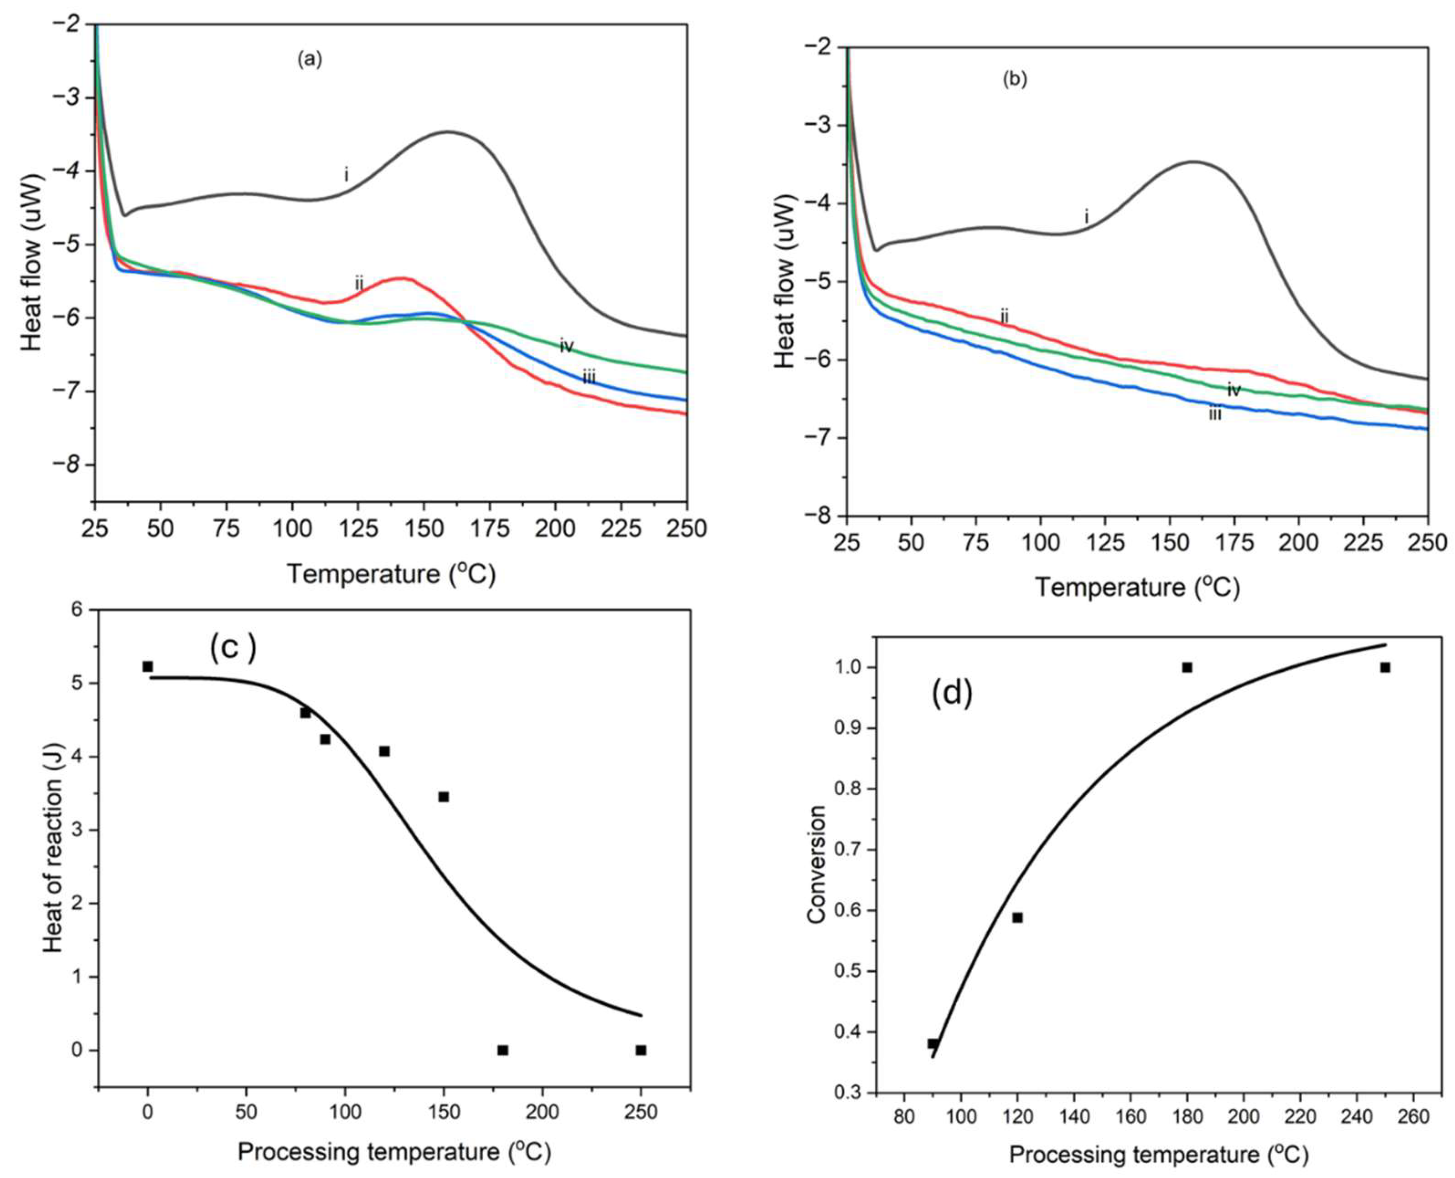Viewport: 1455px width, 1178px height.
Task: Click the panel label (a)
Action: click(x=310, y=60)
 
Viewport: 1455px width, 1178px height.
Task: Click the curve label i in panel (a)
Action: click(x=346, y=176)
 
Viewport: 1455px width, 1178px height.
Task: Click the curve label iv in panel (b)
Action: click(x=1234, y=390)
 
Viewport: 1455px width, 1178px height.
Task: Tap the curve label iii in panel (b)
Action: click(x=1215, y=413)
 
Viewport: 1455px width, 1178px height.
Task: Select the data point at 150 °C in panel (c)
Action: click(x=443, y=796)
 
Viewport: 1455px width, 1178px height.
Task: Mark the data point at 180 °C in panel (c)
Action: click(x=503, y=1050)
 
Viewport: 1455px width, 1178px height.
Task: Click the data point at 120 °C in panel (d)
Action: click(x=1017, y=917)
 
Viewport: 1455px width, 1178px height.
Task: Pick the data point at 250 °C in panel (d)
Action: click(x=1385, y=667)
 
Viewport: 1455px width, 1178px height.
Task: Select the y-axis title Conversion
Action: click(x=816, y=864)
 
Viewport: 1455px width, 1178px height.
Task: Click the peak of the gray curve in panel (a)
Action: click(x=448, y=132)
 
